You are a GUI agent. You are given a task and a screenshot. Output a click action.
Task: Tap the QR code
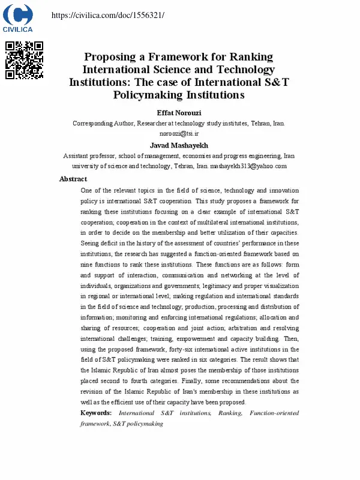(x=24, y=60)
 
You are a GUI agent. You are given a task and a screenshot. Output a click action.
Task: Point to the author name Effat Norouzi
(x=179, y=113)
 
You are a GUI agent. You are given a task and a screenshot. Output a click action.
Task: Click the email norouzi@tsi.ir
(x=179, y=133)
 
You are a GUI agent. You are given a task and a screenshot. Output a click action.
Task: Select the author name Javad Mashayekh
(x=179, y=145)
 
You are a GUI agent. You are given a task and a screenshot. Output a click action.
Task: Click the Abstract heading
(x=73, y=179)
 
